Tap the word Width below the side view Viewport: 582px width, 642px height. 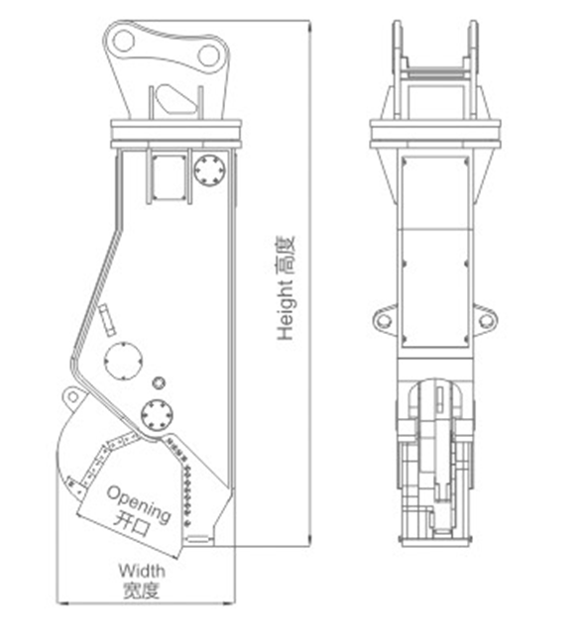142,571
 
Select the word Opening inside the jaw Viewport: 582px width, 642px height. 139,504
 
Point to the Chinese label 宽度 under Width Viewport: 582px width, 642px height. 141,590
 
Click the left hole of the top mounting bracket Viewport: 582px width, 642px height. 123,41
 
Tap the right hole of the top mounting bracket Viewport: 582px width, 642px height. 209,55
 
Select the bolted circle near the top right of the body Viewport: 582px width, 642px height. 210,170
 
